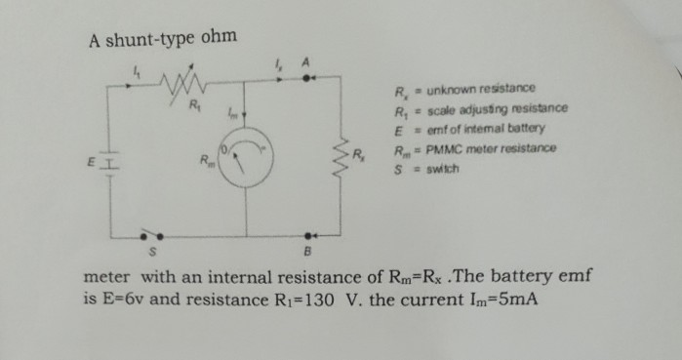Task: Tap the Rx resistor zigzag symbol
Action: click(x=341, y=154)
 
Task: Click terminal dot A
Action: click(x=308, y=81)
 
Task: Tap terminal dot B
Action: click(x=310, y=236)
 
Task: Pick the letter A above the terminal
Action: click(x=307, y=63)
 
